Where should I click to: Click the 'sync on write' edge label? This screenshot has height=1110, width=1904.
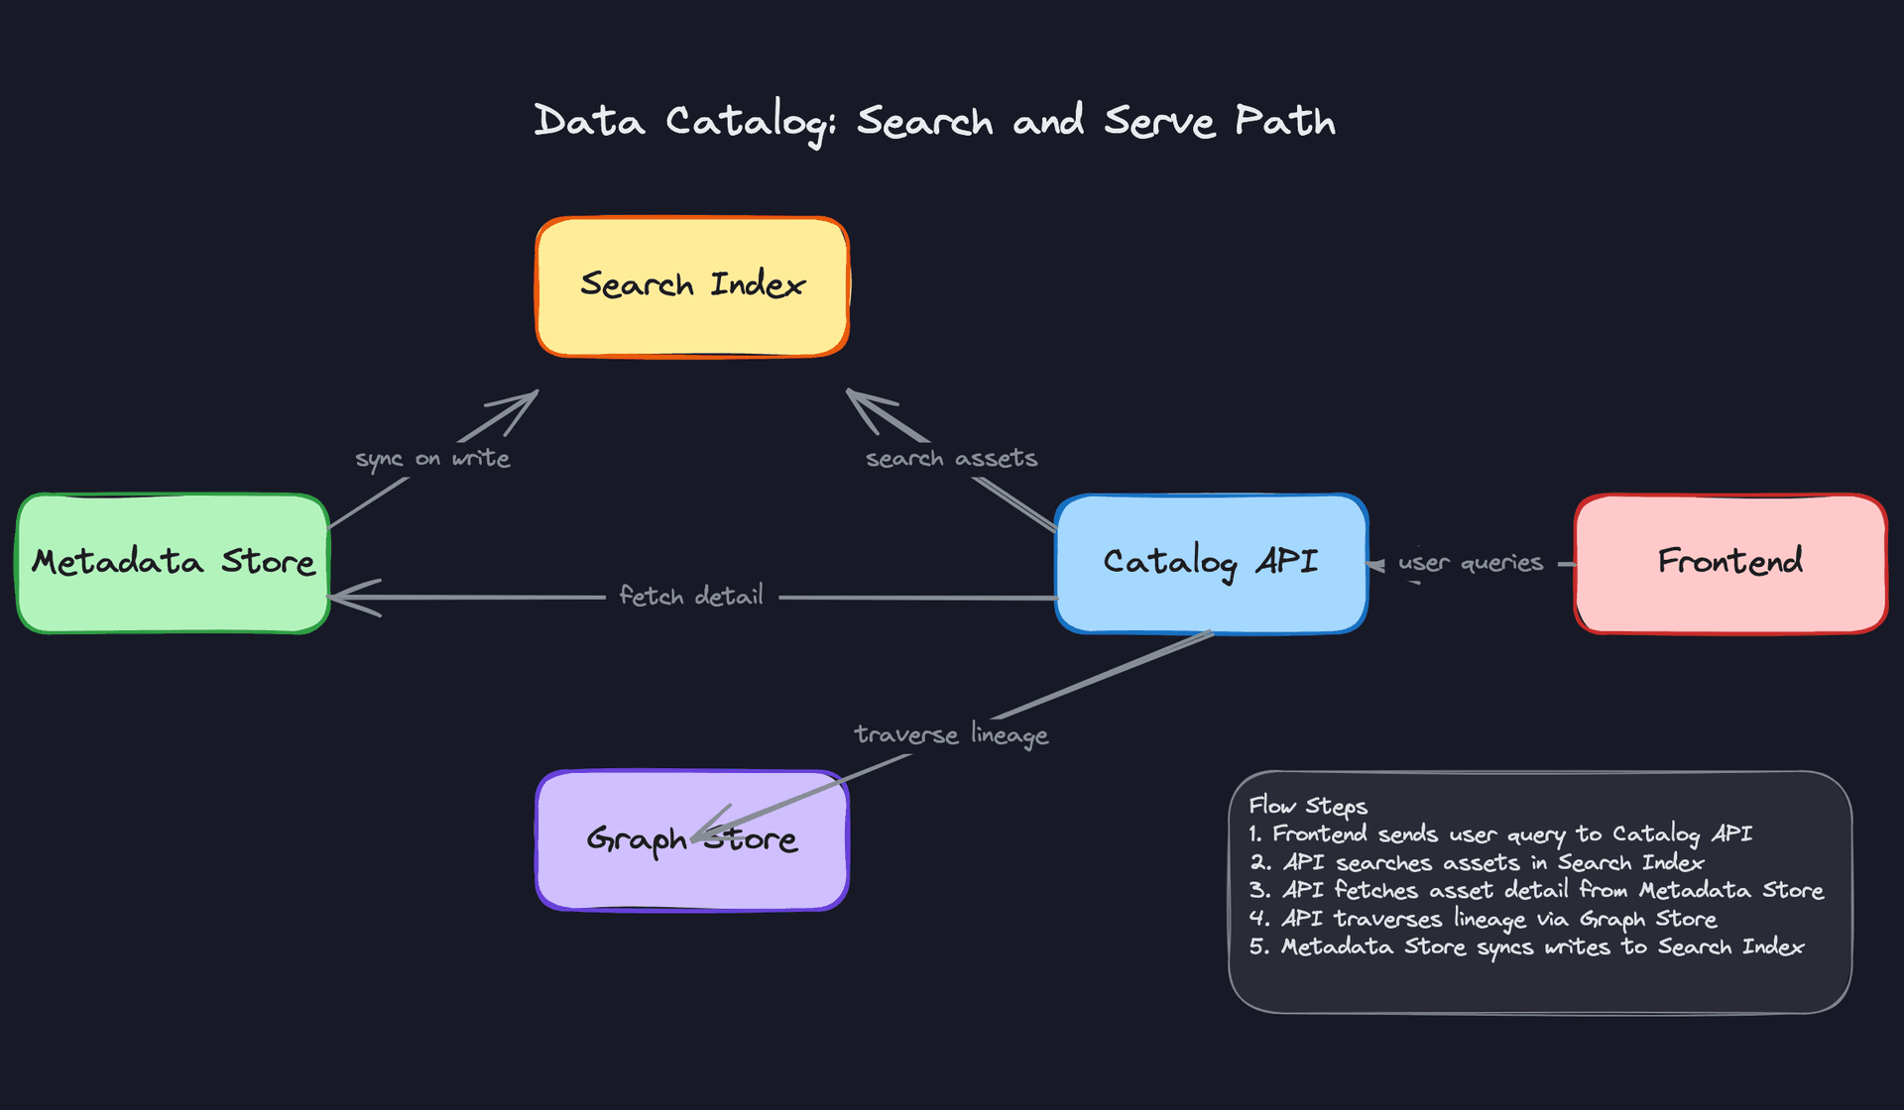pos(432,459)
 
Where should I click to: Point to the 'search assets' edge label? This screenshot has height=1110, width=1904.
pos(951,459)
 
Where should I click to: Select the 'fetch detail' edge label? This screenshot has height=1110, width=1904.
pos(691,596)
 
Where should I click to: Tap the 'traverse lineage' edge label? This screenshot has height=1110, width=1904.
pos(951,734)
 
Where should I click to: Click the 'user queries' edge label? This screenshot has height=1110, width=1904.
pos(1471,563)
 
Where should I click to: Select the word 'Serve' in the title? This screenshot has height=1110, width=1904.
pos(1159,122)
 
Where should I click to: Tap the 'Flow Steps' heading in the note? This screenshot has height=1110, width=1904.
pos(1308,806)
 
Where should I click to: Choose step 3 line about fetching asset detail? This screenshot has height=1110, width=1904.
pos(1536,891)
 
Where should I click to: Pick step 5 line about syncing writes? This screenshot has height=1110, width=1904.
pos(1526,947)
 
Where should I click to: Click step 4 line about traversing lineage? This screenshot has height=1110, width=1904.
pos(1483,920)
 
